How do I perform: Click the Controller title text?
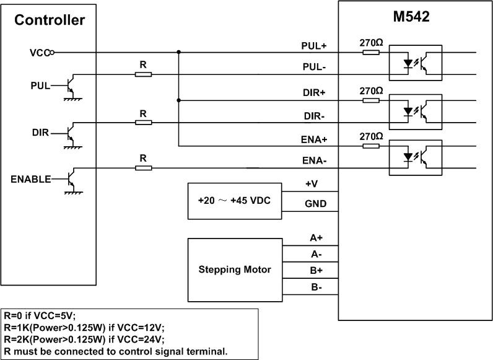pyautogui.click(x=50, y=20)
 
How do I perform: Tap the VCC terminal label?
pyautogui.click(x=39, y=53)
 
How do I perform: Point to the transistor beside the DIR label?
pyautogui.click(x=72, y=132)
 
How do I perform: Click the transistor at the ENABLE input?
pyautogui.click(x=72, y=178)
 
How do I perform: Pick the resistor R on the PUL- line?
pyautogui.click(x=143, y=74)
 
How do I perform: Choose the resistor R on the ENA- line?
pyautogui.click(x=143, y=168)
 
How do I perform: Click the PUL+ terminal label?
pyautogui.click(x=314, y=46)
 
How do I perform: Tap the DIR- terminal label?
pyautogui.click(x=315, y=116)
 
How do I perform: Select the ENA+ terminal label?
pyautogui.click(x=314, y=140)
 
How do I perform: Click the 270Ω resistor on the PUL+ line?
pyautogui.click(x=371, y=53)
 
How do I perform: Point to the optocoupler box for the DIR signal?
pyautogui.click(x=414, y=111)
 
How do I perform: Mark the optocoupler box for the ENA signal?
pyautogui.click(x=414, y=157)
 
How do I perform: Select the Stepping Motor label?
pyautogui.click(x=235, y=270)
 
